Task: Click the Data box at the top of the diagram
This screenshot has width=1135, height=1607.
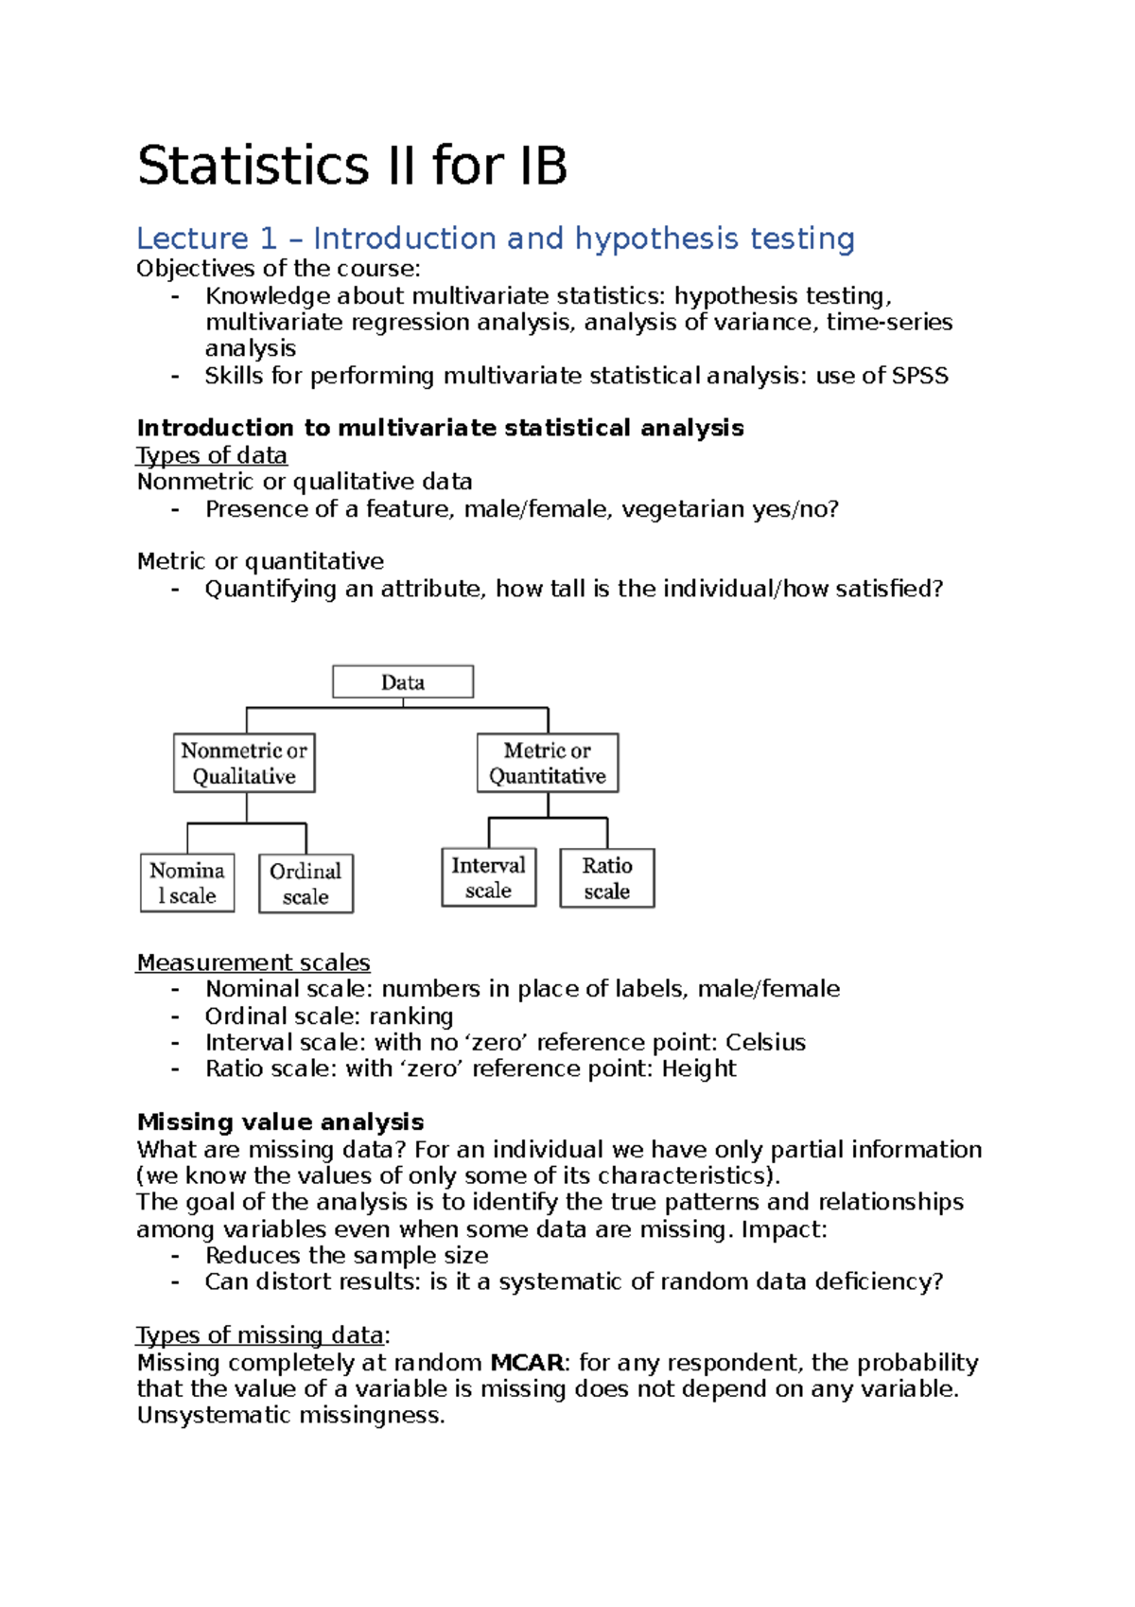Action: point(403,682)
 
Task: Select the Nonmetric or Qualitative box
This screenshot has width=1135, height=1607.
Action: point(244,763)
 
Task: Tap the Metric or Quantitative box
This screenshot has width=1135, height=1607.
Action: point(548,763)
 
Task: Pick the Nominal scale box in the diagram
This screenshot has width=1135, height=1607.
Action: point(187,883)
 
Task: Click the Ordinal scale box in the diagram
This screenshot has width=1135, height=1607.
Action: point(306,884)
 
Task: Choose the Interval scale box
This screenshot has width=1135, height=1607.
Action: point(489,877)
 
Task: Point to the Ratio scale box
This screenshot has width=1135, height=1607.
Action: point(607,878)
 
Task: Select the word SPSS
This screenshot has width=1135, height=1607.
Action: point(919,376)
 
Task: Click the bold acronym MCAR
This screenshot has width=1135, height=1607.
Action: point(527,1363)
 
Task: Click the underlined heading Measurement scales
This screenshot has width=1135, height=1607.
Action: point(253,962)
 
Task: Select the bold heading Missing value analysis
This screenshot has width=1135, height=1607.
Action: point(280,1122)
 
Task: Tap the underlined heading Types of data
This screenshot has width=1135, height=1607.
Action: point(212,455)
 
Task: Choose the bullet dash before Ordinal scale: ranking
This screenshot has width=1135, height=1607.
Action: point(175,1016)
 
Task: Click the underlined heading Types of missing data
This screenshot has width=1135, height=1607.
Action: point(261,1335)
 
